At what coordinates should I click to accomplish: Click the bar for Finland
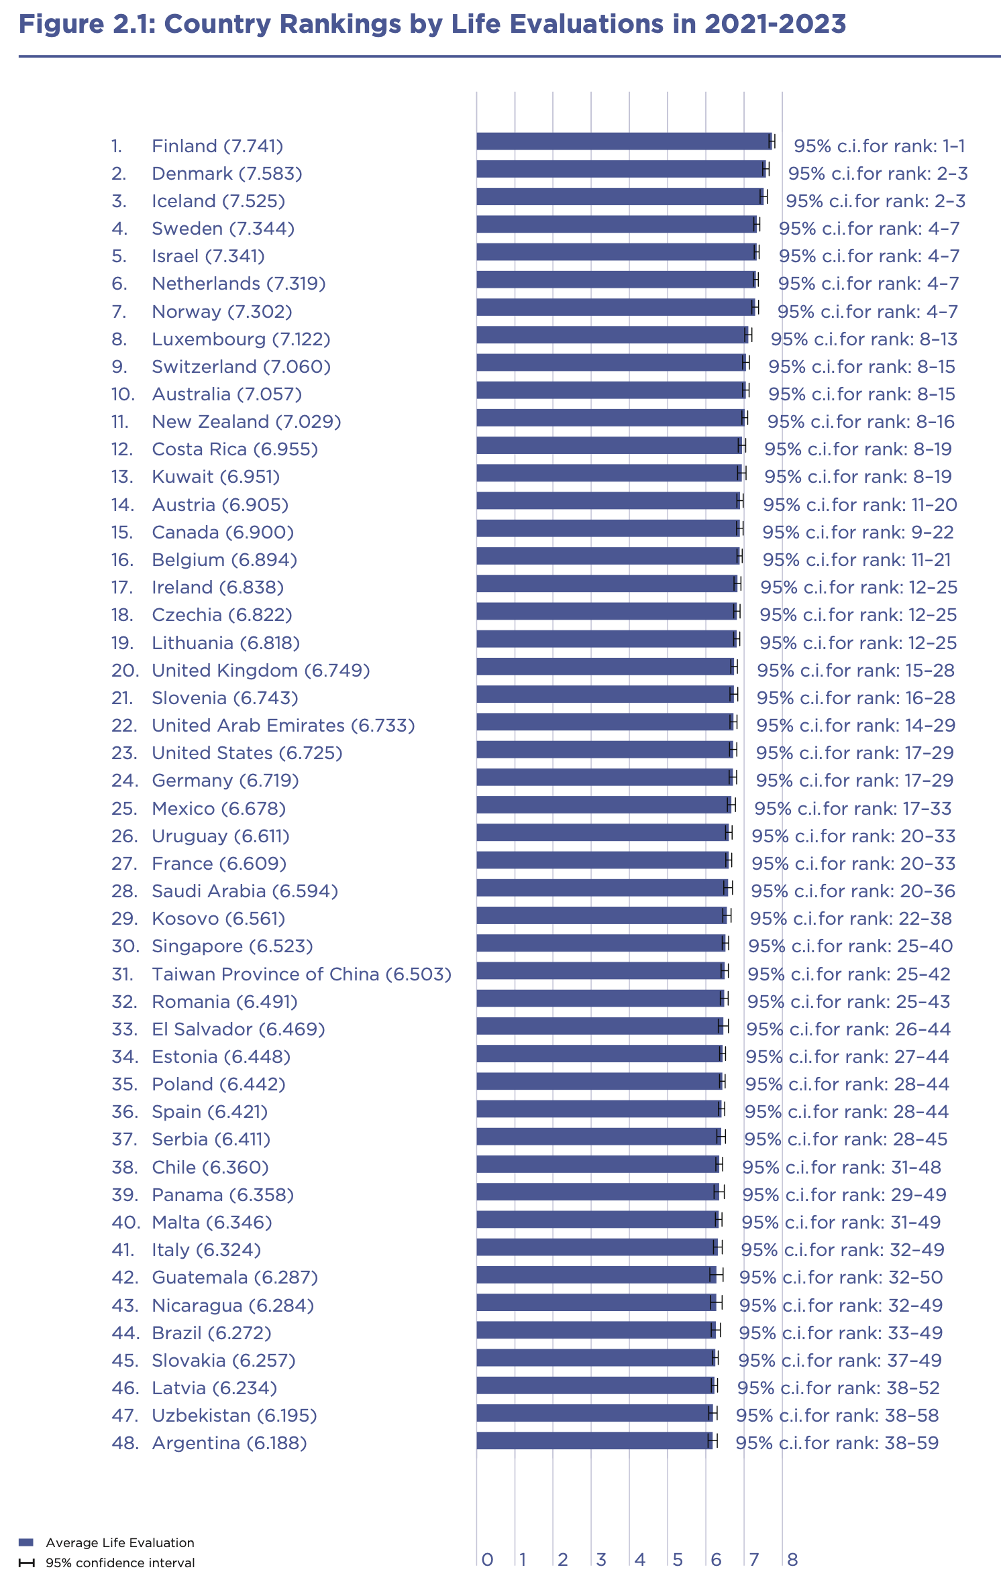click(x=624, y=141)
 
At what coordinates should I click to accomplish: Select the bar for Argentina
click(x=594, y=1440)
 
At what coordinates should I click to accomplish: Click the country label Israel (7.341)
click(x=208, y=256)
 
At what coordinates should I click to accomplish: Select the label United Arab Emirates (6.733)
click(x=283, y=726)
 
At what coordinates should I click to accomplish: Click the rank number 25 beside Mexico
click(x=124, y=809)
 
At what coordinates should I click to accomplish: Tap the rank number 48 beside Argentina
click(x=125, y=1442)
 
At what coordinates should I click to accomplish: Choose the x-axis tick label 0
click(x=488, y=1560)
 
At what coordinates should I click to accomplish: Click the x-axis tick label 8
click(x=792, y=1560)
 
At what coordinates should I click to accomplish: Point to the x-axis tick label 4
click(x=640, y=1560)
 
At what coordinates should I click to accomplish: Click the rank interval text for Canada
click(x=857, y=532)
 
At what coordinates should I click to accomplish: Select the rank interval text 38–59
click(x=837, y=1442)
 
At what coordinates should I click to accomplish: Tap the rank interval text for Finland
click(x=879, y=146)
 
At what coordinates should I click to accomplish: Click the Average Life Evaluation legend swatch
click(x=26, y=1542)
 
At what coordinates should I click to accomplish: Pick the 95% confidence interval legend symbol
click(x=26, y=1563)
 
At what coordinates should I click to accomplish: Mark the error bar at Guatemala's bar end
click(x=717, y=1275)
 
